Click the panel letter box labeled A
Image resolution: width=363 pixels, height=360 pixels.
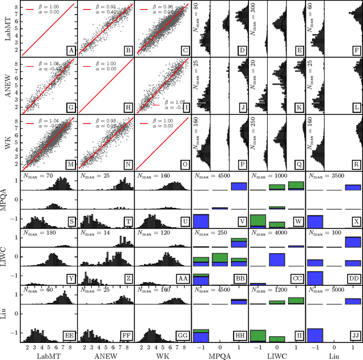tap(71, 51)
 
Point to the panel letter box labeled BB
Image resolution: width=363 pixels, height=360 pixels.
tap(239, 278)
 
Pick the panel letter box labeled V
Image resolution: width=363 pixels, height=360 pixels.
tap(241, 222)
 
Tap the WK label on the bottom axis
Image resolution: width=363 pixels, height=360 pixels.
tap(163, 355)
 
